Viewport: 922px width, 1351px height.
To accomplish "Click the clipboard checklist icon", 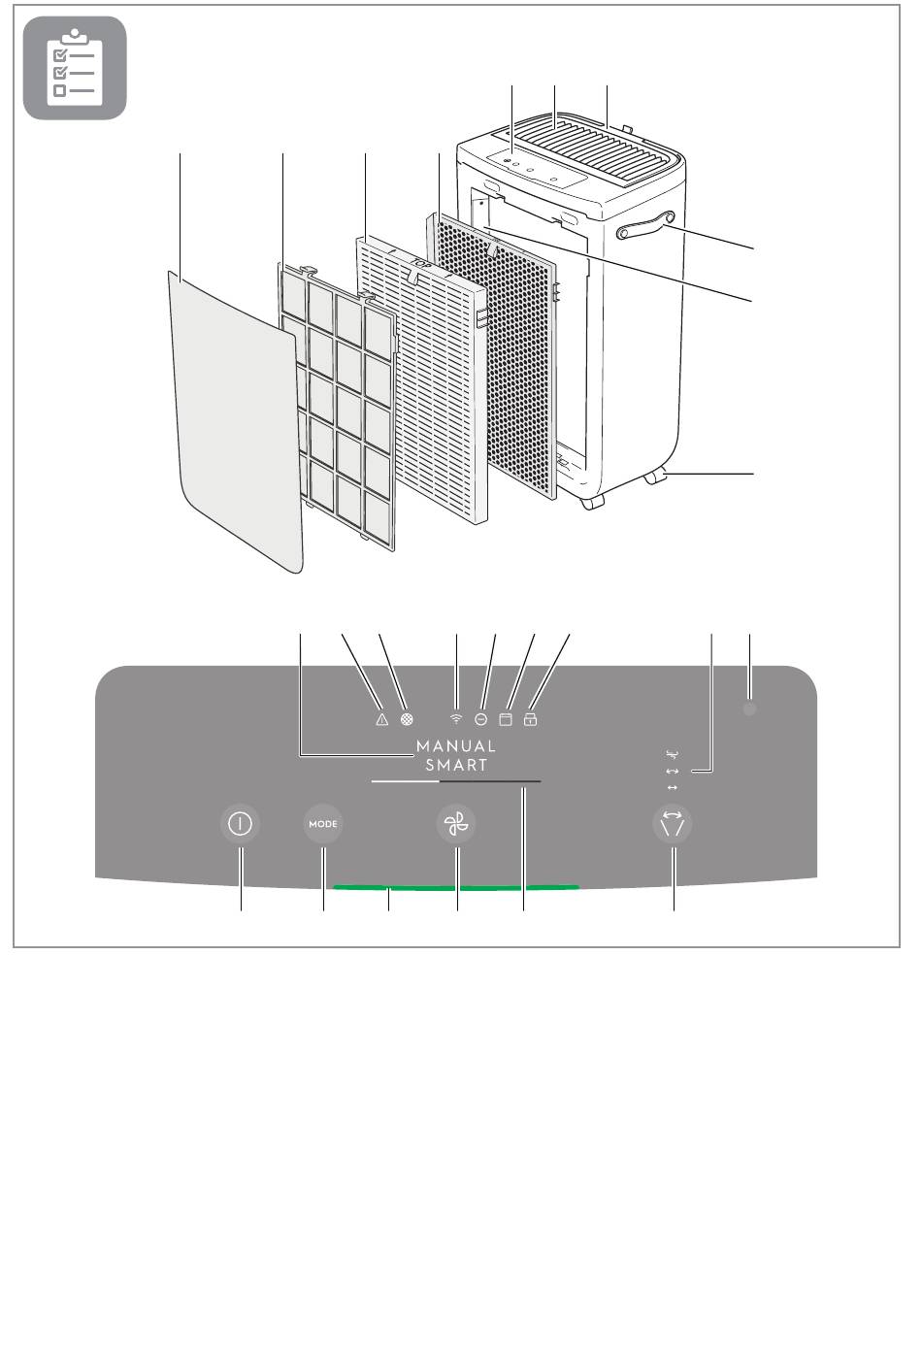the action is [75, 68].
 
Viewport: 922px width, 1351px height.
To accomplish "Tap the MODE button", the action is [323, 824].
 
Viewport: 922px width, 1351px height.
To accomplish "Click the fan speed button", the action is [456, 825].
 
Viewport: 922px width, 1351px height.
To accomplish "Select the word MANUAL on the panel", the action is [455, 746].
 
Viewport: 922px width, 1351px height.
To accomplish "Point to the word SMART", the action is [456, 765].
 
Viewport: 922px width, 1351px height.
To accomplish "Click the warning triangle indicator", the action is [381, 720].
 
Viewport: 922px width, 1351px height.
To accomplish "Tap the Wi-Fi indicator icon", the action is [456, 720].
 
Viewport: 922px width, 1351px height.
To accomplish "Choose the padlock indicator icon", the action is [530, 720].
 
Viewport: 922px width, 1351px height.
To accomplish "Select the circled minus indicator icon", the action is [480, 720].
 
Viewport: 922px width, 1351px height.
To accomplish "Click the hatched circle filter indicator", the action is [407, 720].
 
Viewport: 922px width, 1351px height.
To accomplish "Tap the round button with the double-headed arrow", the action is [673, 825].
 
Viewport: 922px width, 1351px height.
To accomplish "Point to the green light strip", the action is [456, 886].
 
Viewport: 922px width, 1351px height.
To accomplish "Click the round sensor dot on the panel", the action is [749, 709].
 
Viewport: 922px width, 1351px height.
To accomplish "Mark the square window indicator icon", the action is [505, 720].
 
